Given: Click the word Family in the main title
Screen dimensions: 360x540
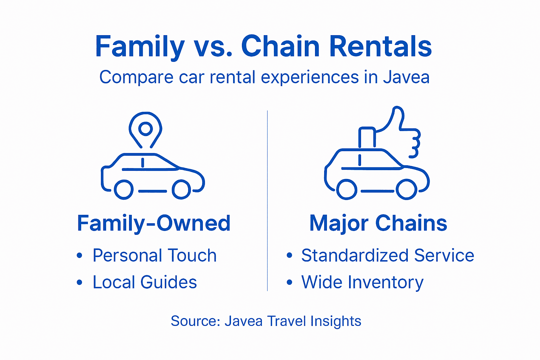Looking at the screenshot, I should (x=140, y=47).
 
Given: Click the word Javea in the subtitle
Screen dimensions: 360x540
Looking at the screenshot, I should (x=406, y=77).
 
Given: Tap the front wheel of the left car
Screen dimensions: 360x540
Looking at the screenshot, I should (x=181, y=189).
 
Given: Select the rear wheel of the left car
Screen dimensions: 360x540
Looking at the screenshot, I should (x=124, y=189).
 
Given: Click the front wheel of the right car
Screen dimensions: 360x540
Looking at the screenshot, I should (x=406, y=189).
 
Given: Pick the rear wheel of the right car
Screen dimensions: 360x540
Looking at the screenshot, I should (x=347, y=189).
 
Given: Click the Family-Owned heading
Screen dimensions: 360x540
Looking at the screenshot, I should (x=154, y=223).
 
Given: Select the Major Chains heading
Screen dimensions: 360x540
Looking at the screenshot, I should (x=378, y=223).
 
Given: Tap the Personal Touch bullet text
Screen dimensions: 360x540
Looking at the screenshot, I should (x=154, y=256).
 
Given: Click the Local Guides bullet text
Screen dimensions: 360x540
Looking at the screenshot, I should (x=144, y=282).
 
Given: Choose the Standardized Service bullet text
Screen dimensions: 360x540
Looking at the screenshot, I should (x=387, y=256).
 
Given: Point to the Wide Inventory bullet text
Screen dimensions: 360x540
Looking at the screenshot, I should (x=362, y=282).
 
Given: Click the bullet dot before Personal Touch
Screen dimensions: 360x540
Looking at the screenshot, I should (x=79, y=256).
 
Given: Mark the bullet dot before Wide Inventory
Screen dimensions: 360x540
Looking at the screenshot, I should (x=289, y=282).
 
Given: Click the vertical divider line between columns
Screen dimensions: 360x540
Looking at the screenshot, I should (x=267, y=200).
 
